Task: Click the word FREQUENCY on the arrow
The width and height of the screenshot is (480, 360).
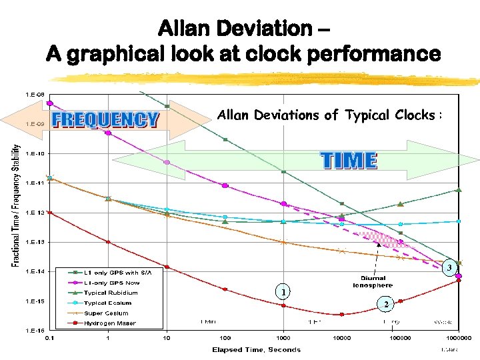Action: (x=105, y=120)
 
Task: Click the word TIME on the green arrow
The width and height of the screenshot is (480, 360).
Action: (x=349, y=161)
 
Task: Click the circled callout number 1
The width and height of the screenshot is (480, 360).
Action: (x=284, y=292)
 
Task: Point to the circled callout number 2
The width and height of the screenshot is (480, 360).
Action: (x=385, y=304)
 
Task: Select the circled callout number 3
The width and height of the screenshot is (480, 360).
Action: (x=449, y=267)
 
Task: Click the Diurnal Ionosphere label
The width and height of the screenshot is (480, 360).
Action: (x=373, y=281)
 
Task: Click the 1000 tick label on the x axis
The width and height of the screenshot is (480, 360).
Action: (x=283, y=338)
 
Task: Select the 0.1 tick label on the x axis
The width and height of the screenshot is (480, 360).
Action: (x=49, y=338)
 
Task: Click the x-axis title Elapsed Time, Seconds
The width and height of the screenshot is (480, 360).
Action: (x=256, y=349)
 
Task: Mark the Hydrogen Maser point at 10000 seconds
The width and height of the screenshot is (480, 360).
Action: (x=342, y=314)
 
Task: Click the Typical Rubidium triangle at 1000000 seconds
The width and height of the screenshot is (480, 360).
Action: (x=459, y=190)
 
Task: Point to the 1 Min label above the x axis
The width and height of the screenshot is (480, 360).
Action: (x=207, y=321)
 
